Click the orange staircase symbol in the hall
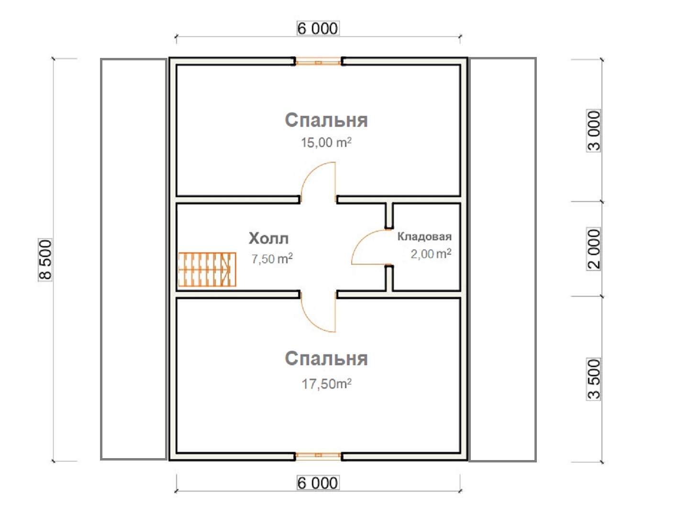click(x=207, y=270)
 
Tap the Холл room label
click(x=268, y=238)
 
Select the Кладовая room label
click(x=424, y=236)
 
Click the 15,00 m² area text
click(x=326, y=143)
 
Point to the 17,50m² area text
click(x=326, y=384)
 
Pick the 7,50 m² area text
click(x=272, y=258)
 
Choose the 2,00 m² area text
click(x=431, y=254)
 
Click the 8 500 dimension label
click(x=45, y=259)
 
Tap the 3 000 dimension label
click(x=593, y=131)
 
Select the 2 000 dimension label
click(x=593, y=248)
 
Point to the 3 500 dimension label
click(x=593, y=379)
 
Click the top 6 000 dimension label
click(x=318, y=28)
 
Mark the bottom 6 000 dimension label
click(x=318, y=483)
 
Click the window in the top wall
click(x=318, y=62)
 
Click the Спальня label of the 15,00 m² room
click(x=326, y=120)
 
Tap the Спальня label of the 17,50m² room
click(x=326, y=359)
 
